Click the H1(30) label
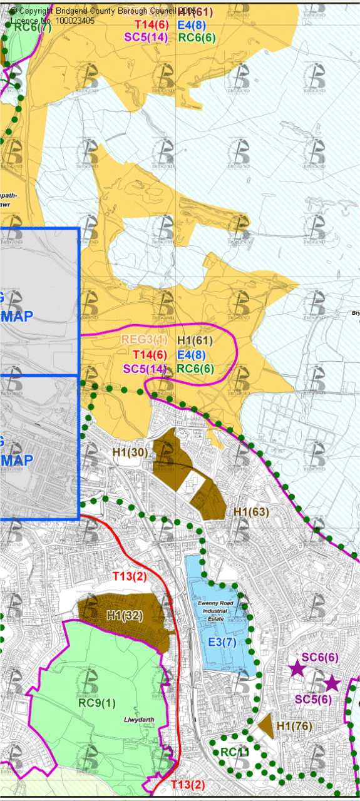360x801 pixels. click(130, 451)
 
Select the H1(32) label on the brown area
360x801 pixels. click(123, 615)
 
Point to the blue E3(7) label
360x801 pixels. click(222, 642)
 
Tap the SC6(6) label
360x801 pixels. click(320, 657)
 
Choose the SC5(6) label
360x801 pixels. click(312, 699)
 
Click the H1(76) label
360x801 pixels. click(294, 726)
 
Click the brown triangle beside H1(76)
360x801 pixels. click(267, 727)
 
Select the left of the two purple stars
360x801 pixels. click(297, 669)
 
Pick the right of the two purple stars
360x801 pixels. click(331, 683)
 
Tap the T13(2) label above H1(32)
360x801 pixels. click(130, 576)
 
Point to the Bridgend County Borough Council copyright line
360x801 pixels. click(103, 11)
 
